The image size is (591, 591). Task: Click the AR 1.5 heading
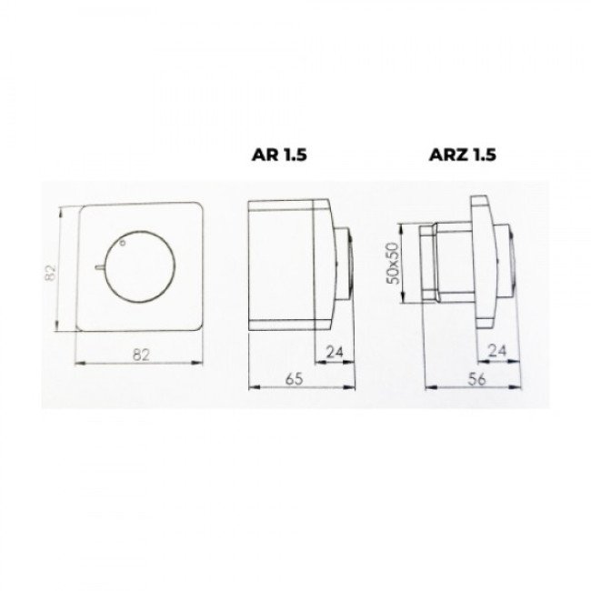click(279, 155)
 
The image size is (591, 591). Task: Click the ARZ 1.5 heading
click(463, 155)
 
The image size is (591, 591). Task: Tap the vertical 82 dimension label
click(50, 273)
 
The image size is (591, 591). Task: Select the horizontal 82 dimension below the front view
click(141, 355)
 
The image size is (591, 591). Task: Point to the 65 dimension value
click(294, 379)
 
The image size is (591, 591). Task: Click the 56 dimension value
click(476, 379)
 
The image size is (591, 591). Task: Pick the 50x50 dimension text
click(393, 263)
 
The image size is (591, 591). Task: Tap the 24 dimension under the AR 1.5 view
click(335, 352)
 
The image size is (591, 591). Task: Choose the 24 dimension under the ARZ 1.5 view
click(497, 351)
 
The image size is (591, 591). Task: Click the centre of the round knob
click(139, 266)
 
